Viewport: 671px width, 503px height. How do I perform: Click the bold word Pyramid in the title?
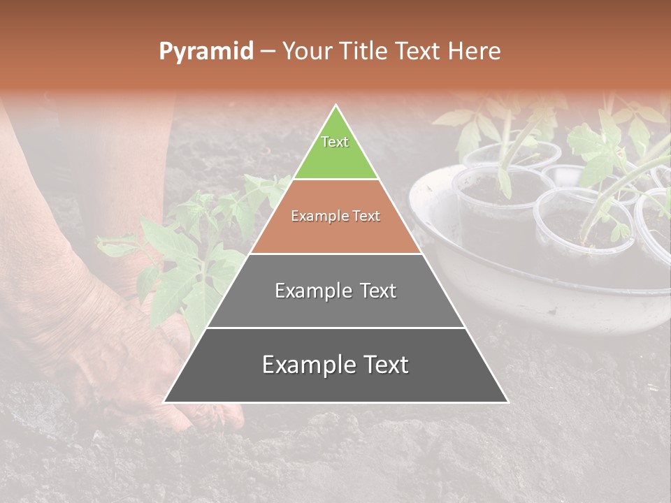click(206, 52)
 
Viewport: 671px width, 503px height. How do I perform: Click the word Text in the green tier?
click(335, 142)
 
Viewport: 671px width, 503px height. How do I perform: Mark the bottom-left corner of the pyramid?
click(164, 402)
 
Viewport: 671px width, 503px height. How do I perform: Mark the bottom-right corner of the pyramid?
click(507, 402)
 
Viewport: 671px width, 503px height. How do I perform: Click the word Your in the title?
click(305, 52)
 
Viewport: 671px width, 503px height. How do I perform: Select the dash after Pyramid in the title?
click(268, 52)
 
